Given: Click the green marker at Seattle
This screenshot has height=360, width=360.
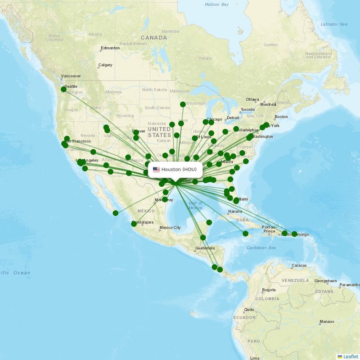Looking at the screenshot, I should [x=63, y=90].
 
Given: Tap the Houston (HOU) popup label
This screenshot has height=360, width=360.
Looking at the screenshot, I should [x=179, y=169].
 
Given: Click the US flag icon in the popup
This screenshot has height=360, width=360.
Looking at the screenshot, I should [x=156, y=169].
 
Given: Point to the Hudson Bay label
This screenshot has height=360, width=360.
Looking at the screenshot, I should [x=216, y=4].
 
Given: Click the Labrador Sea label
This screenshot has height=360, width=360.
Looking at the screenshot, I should [x=333, y=24].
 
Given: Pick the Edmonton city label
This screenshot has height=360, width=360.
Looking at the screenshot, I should [x=110, y=48].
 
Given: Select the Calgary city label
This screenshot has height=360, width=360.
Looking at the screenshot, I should [x=105, y=65].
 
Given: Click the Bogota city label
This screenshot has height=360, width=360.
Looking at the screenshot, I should [x=269, y=290].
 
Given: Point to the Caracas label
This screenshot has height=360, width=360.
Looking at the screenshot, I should [x=299, y=265].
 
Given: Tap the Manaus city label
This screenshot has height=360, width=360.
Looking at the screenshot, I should [x=326, y=322].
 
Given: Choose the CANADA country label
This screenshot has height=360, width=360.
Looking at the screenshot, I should [x=154, y=38].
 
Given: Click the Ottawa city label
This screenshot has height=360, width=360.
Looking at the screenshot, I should [x=252, y=99].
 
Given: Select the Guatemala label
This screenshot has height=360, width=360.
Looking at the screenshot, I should [x=204, y=248].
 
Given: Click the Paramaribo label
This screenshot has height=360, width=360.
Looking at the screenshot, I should [x=350, y=285].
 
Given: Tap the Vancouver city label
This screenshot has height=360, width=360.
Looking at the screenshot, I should [x=71, y=76].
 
